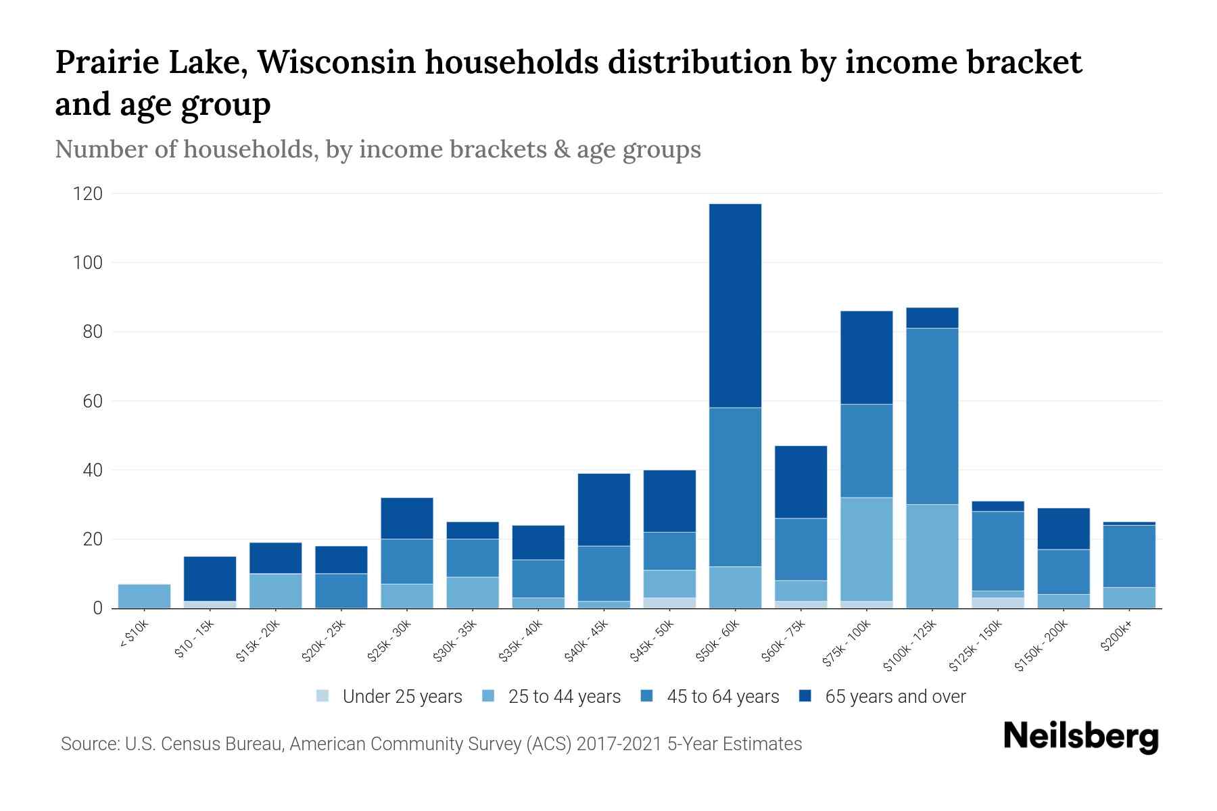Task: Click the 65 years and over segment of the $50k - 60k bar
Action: tap(735, 305)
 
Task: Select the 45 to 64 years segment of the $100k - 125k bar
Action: tap(932, 416)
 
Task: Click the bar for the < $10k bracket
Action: tap(144, 596)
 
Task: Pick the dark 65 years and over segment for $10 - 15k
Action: tap(210, 579)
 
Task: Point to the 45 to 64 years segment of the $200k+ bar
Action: tap(1129, 556)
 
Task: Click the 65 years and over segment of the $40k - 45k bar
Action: tap(604, 510)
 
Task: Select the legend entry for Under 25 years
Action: tap(389, 697)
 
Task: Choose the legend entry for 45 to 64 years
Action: tap(710, 697)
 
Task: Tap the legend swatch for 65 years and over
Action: tap(805, 696)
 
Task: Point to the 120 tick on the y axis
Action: tap(88, 194)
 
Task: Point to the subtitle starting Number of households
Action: tap(377, 149)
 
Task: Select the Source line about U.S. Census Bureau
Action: tap(431, 744)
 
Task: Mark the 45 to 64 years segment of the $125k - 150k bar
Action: tap(998, 551)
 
